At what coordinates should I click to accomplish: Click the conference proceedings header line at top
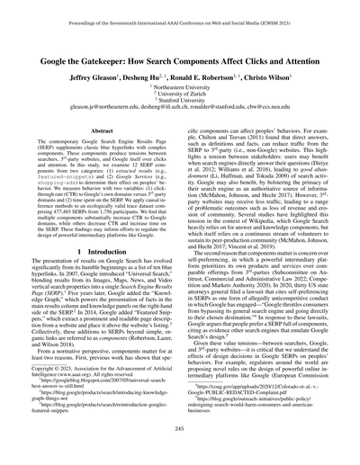click(x=180, y=11)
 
